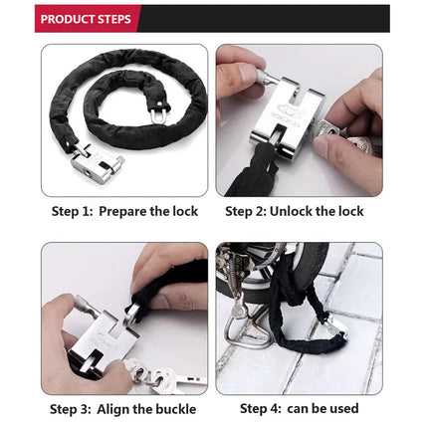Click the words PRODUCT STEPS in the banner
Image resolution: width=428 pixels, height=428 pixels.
click(86, 19)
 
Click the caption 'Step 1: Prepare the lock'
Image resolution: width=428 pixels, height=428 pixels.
click(124, 211)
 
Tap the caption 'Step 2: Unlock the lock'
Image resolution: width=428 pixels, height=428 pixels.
click(294, 211)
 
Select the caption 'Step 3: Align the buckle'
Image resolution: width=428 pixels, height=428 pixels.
click(124, 408)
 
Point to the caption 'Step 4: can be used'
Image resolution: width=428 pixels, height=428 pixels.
click(299, 408)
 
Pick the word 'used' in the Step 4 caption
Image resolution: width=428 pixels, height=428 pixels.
click(342, 408)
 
